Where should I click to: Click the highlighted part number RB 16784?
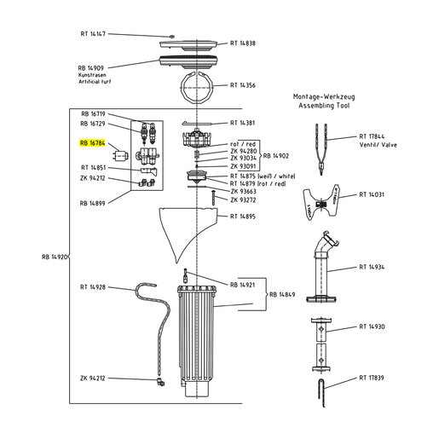pyautogui.click(x=92, y=143)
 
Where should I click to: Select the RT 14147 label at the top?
pyautogui.click(x=93, y=34)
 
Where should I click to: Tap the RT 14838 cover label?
pyautogui.click(x=243, y=43)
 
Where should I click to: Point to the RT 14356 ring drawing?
pyautogui.click(x=197, y=88)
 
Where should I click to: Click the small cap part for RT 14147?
pyautogui.click(x=171, y=37)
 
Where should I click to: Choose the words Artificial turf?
pyautogui.click(x=95, y=82)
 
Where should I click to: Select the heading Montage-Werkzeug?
pyautogui.click(x=324, y=97)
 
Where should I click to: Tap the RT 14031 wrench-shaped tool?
pyautogui.click(x=321, y=202)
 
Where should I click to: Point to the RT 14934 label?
pyautogui.click(x=372, y=267)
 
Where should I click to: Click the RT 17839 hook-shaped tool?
pyautogui.click(x=322, y=393)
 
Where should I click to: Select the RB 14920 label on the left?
pyautogui.click(x=55, y=257)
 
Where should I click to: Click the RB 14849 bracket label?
pyautogui.click(x=282, y=294)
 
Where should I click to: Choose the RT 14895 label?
pyautogui.click(x=243, y=217)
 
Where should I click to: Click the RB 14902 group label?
pyautogui.click(x=276, y=156)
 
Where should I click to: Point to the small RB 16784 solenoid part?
pyautogui.click(x=121, y=155)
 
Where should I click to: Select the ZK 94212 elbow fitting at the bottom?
pyautogui.click(x=160, y=382)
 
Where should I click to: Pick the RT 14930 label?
pyautogui.click(x=372, y=326)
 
